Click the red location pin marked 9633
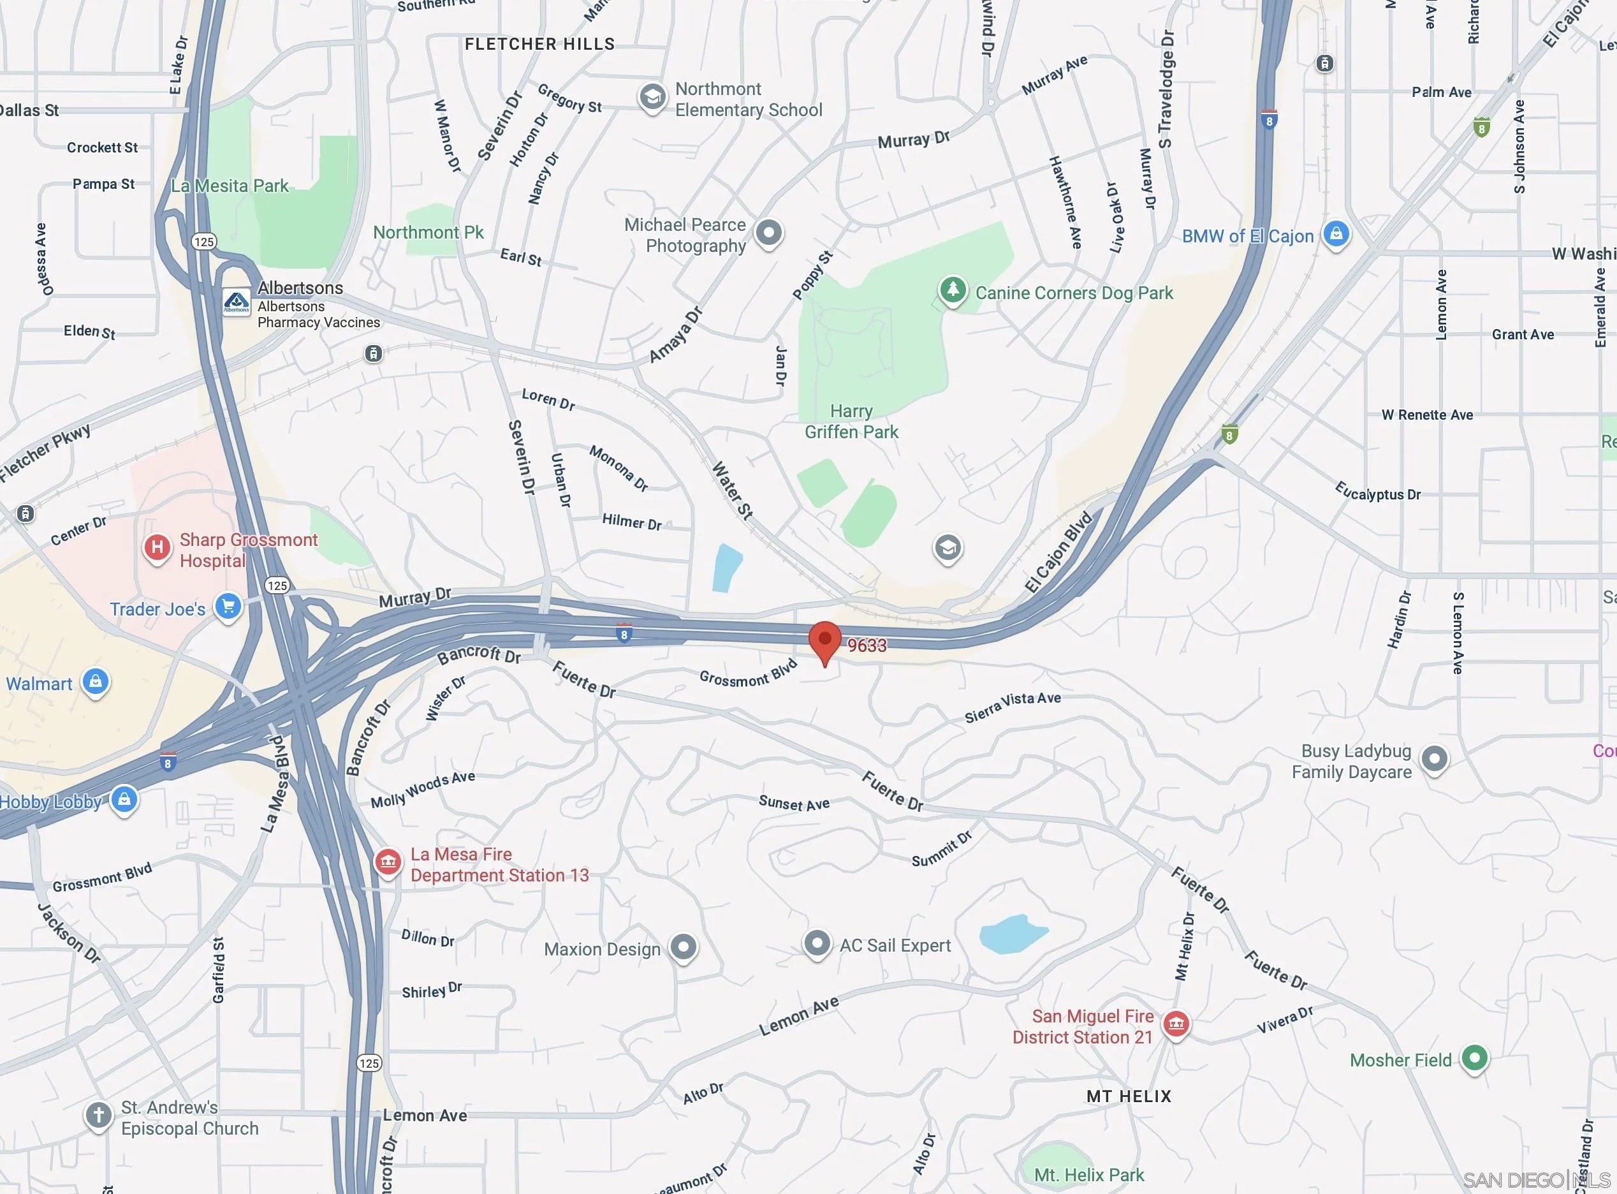click(824, 640)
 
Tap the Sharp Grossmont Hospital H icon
click(157, 548)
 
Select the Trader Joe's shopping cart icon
click(228, 607)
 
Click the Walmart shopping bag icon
click(96, 682)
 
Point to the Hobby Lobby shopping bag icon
click(124, 799)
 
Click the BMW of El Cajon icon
click(1336, 234)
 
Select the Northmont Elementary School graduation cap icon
click(652, 97)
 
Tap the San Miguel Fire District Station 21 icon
click(1176, 1024)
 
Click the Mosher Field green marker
click(1474, 1059)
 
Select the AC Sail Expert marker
click(817, 944)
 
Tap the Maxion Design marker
click(683, 947)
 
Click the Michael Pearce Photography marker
click(768, 233)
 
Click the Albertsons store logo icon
click(237, 302)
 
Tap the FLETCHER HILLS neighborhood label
click(539, 44)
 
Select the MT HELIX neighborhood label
click(1129, 1096)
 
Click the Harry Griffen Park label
click(851, 422)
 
